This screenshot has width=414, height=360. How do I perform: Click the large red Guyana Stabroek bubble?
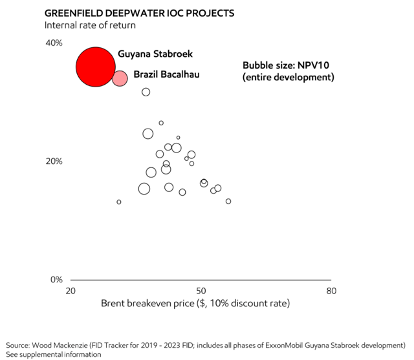coord(96,67)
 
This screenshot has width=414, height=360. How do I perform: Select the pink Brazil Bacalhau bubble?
coord(120,78)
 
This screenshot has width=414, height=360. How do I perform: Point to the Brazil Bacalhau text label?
coord(166,75)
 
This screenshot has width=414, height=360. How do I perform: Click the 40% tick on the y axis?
coord(53,43)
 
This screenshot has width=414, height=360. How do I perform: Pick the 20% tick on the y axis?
coord(53,161)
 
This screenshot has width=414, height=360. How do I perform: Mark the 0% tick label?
coord(56,280)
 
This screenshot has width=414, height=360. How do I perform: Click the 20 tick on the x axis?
coord(71,291)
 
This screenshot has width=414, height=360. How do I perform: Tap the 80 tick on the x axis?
coord(331,291)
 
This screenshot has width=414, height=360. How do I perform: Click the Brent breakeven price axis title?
coord(195,303)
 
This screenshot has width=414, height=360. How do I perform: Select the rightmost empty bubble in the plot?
coord(228,201)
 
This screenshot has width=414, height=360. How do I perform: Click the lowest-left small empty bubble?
coord(119,202)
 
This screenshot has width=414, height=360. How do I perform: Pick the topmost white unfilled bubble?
coord(146,92)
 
